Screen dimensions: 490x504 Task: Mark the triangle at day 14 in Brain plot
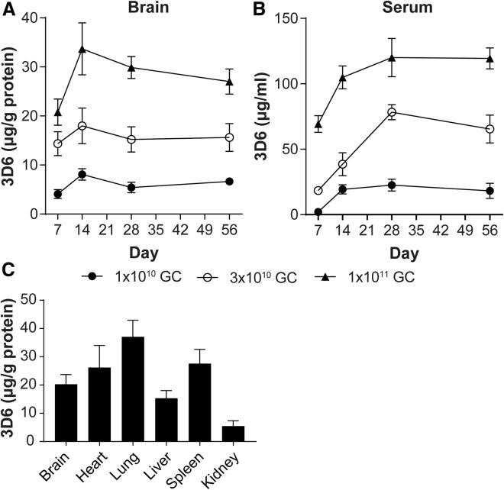(82, 49)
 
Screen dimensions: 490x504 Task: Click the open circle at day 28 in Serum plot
(392, 112)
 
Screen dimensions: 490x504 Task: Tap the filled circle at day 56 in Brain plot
(229, 181)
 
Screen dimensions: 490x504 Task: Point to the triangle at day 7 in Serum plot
(318, 124)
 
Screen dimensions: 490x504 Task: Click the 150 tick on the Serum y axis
(297, 18)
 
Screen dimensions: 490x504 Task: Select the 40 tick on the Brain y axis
(34, 18)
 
